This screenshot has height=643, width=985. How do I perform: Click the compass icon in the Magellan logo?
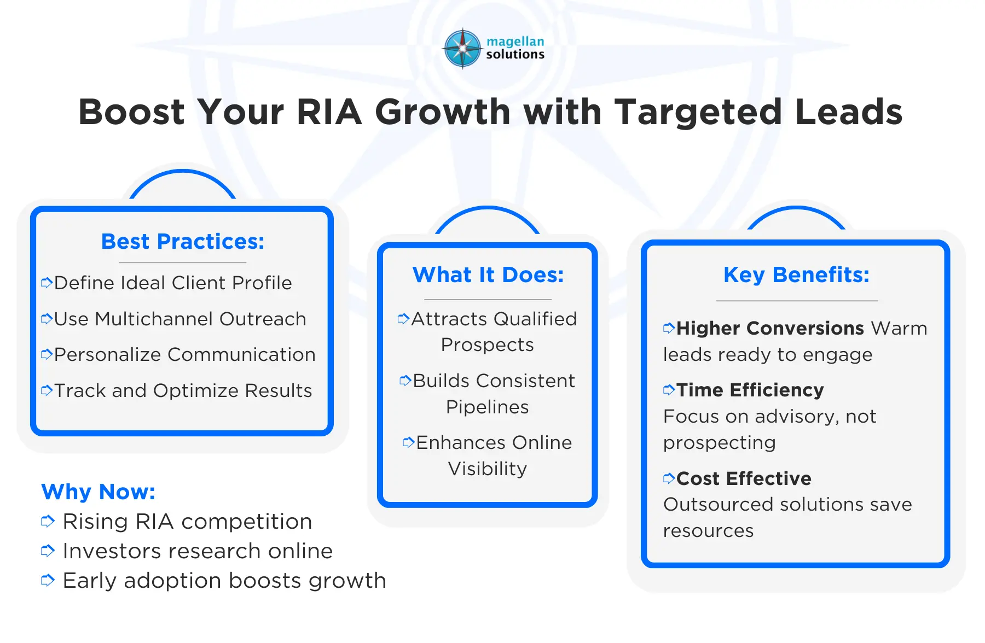point(462,48)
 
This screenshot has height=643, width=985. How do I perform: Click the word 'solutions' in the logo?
point(515,54)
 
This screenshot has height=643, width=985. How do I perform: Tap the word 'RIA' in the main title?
point(329,112)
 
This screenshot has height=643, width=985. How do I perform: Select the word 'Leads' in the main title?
point(848,112)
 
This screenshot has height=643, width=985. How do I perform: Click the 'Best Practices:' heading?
point(183,242)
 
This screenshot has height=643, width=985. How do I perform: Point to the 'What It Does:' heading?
point(488,275)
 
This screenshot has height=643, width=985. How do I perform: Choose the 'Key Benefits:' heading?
point(796,275)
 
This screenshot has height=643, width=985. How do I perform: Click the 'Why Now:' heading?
point(99,492)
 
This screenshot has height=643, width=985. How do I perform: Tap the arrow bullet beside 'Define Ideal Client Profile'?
point(47,283)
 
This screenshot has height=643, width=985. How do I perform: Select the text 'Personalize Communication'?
point(185,355)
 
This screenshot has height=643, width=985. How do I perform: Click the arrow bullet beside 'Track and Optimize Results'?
point(47,390)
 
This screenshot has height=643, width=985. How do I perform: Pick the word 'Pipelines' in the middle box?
point(487,407)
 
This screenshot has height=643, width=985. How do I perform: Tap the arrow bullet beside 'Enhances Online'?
point(408,442)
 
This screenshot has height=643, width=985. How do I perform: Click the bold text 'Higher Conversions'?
point(770,328)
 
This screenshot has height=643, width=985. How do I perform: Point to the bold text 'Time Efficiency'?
point(750,390)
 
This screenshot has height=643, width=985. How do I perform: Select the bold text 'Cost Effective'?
point(744,478)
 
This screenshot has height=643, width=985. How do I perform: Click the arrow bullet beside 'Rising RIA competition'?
point(48,522)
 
